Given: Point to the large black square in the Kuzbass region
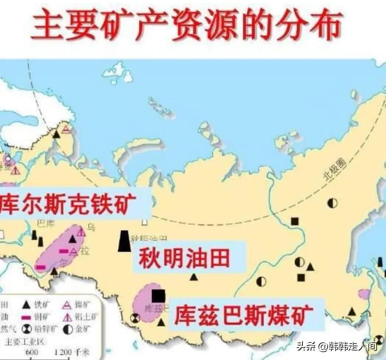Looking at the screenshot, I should click(158, 296).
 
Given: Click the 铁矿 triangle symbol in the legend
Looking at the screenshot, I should click(26, 305).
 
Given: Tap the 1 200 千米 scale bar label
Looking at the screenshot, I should click(68, 352).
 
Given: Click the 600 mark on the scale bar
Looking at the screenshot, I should click(32, 352).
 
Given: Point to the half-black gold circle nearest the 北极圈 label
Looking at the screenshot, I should click(332, 203).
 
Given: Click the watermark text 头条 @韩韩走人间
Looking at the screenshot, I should click(336, 346).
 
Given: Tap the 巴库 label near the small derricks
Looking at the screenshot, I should click(45, 224).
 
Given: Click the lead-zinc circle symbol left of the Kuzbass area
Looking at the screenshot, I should click(135, 317).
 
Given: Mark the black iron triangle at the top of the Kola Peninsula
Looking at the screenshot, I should click(56, 135).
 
